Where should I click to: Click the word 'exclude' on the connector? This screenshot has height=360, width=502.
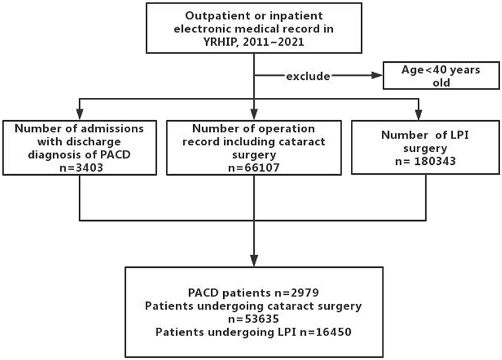[x=308, y=76]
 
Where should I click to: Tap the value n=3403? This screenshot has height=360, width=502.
[x=81, y=167]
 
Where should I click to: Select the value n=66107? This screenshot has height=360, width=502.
[x=254, y=167]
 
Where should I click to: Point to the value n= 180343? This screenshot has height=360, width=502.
[x=425, y=161]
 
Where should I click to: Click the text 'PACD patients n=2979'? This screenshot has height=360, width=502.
[x=253, y=293]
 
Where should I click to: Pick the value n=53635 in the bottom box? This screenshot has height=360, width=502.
[x=253, y=318]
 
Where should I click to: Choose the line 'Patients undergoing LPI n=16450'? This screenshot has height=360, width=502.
[x=253, y=332]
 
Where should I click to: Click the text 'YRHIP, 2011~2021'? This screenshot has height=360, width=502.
[x=254, y=42]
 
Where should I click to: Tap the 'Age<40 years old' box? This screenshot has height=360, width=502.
[x=441, y=75]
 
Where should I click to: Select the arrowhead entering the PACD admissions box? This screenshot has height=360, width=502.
[x=80, y=115]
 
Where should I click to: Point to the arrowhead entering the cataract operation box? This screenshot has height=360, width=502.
[x=254, y=115]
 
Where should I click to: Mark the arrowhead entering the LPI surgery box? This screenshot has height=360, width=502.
[x=419, y=115]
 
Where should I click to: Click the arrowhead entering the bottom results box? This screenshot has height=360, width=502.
[x=254, y=261]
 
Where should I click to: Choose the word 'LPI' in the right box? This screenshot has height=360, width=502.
[x=459, y=135]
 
